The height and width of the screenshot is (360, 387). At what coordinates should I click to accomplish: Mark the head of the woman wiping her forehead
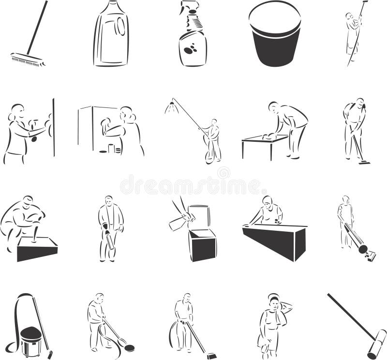point(274,302)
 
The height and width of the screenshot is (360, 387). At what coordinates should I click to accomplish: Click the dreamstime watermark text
point(193,184)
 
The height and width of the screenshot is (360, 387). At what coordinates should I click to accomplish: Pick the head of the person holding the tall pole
point(349,15)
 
